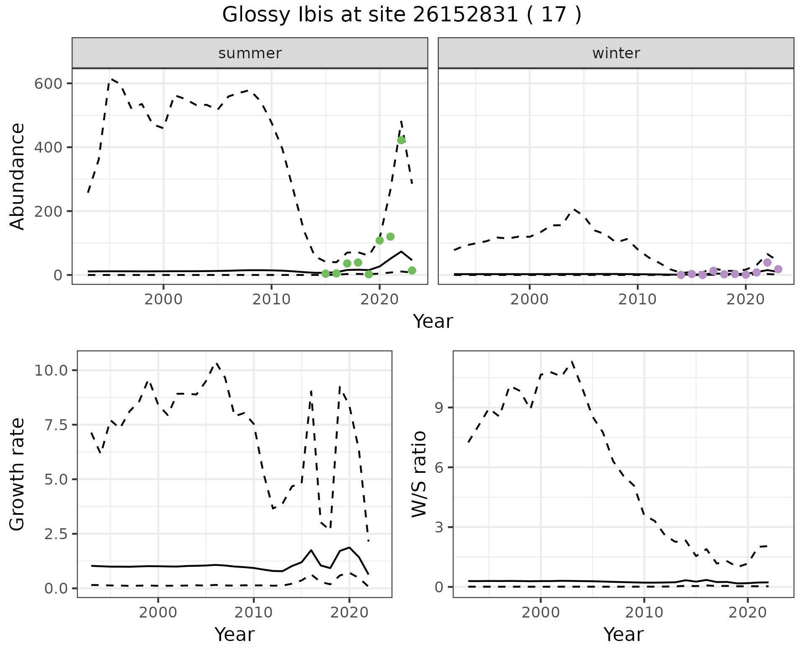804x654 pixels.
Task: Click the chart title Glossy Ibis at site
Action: tap(401, 15)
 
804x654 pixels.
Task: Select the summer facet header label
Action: tap(250, 53)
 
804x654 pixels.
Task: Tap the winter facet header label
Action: tap(616, 53)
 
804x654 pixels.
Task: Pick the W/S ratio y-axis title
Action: tap(419, 474)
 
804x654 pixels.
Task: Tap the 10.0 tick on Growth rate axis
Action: tap(52, 371)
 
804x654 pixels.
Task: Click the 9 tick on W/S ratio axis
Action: tap(439, 408)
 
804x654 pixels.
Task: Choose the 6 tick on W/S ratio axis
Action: tap(439, 467)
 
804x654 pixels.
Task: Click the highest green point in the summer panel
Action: tap(401, 140)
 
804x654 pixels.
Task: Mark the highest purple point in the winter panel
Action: tap(767, 262)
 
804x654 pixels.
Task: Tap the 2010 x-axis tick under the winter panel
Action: tap(637, 300)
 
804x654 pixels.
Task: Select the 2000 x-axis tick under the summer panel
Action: tap(163, 300)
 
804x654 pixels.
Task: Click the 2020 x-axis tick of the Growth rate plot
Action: tap(349, 612)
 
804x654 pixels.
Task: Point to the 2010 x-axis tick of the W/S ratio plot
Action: tap(644, 612)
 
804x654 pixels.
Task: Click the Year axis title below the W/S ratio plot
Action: tap(623, 635)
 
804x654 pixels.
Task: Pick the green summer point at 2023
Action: tap(412, 270)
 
